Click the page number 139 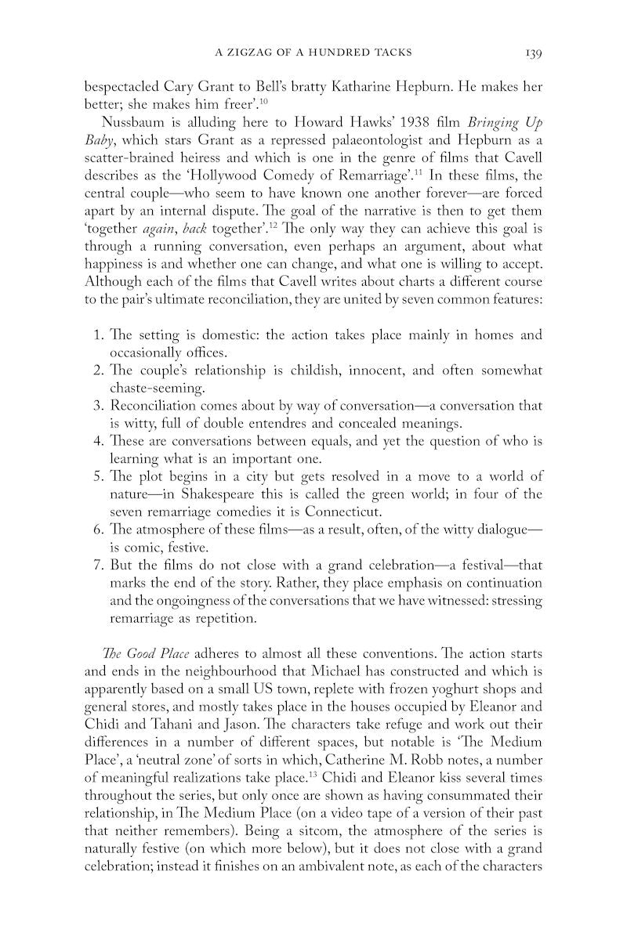click(x=534, y=53)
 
